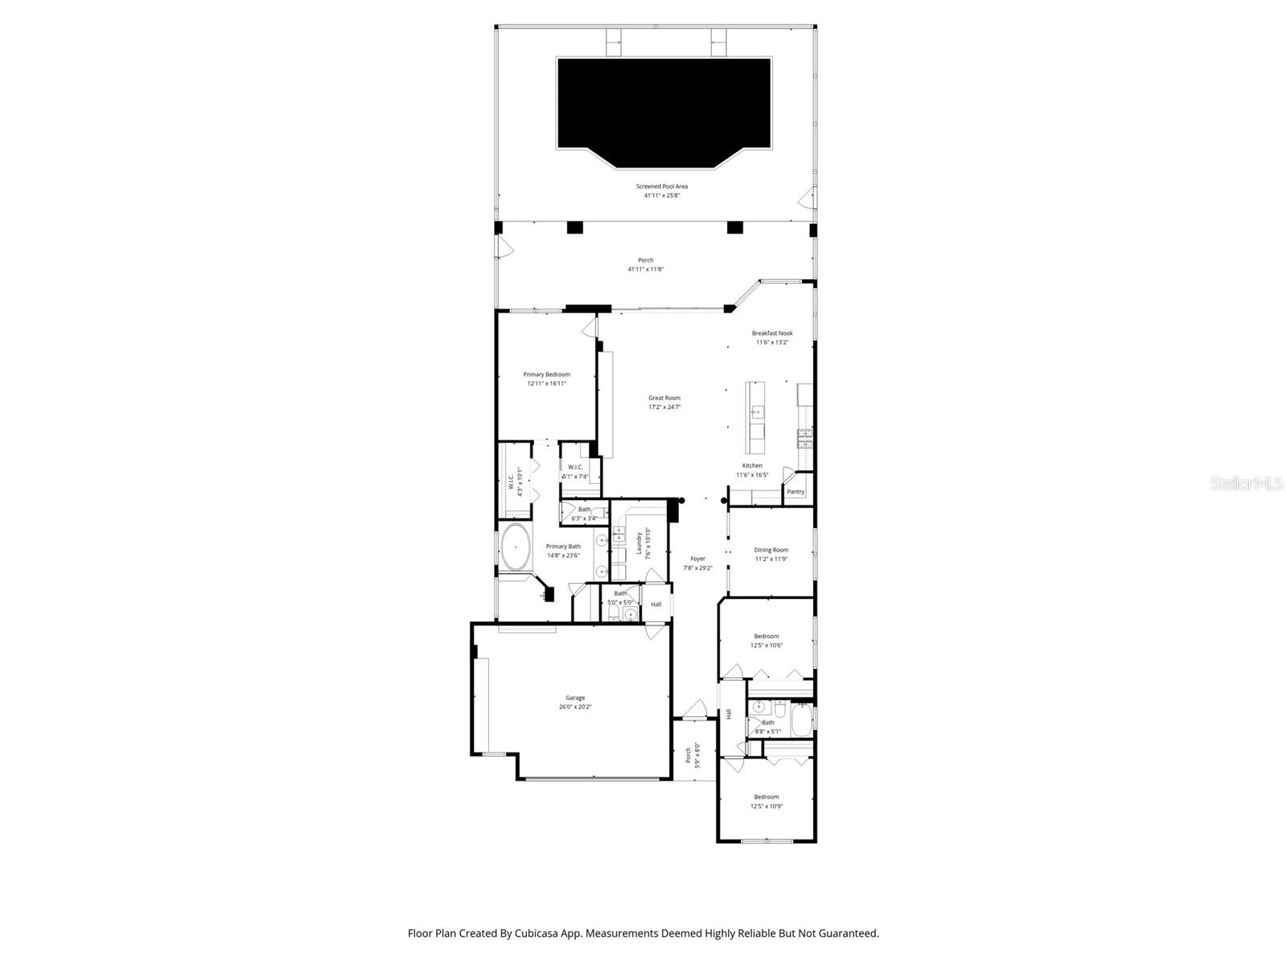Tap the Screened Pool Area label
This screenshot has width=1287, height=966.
[x=661, y=186]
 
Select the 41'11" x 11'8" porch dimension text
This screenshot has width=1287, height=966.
[x=645, y=270]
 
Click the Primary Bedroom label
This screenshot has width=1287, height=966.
[x=546, y=374]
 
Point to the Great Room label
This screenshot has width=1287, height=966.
[x=664, y=398]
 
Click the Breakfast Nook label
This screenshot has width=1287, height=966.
[x=772, y=333]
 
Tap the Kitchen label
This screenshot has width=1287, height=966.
[x=752, y=465]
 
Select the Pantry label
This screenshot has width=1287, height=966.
[x=796, y=492]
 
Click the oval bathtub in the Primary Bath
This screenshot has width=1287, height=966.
[x=515, y=547]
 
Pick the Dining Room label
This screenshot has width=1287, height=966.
[x=771, y=550]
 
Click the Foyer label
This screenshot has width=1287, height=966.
[x=697, y=559]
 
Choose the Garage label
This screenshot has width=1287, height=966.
[x=575, y=698]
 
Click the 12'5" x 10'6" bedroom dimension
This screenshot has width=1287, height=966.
[x=766, y=645]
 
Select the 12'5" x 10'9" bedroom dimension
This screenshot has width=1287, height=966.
[x=766, y=806]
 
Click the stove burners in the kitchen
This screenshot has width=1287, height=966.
[x=804, y=439]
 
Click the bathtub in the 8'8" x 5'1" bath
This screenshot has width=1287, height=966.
[x=802, y=720]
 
